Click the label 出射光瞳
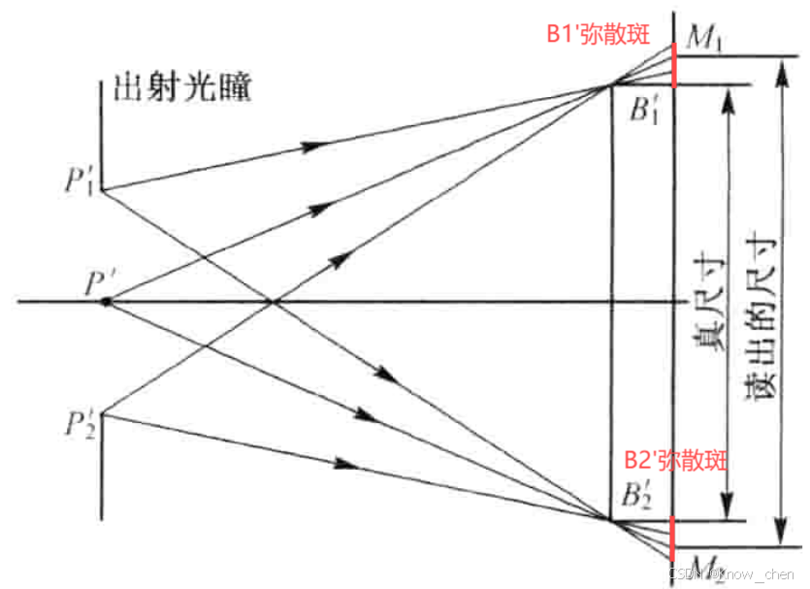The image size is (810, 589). click(182, 88)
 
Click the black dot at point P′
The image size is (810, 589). click(106, 303)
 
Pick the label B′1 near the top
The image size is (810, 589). click(644, 111)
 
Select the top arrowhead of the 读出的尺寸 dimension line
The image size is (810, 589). click(778, 66)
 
